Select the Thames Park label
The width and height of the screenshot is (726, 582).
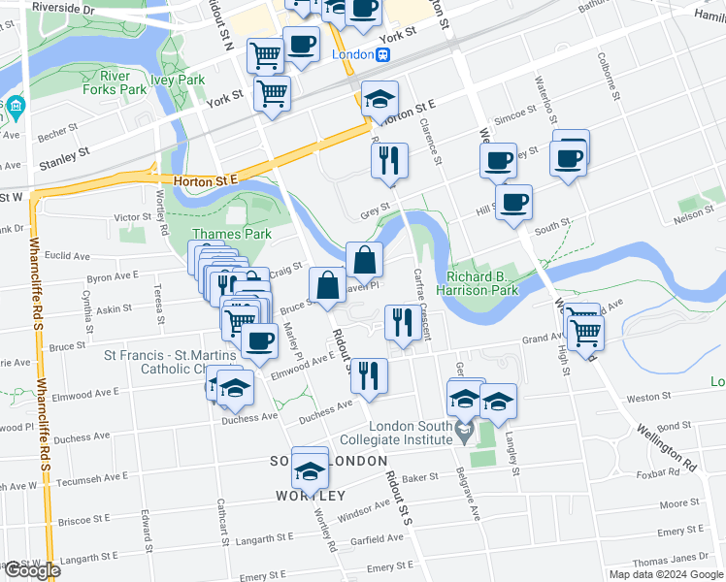click(x=231, y=234)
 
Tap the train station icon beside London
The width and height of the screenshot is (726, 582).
click(x=384, y=55)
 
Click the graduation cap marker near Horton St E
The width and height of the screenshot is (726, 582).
click(x=380, y=98)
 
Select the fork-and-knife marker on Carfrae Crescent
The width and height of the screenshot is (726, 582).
click(x=399, y=322)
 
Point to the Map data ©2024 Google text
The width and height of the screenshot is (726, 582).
click(x=666, y=574)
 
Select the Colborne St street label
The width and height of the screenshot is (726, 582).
click(x=613, y=82)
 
